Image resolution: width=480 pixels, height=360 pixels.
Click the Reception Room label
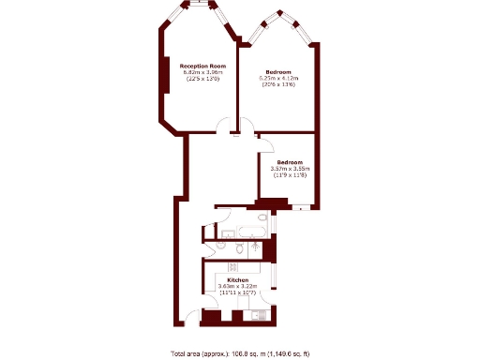pyautogui.click(x=202, y=67)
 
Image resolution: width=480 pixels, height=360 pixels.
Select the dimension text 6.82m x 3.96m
pyautogui.click(x=202, y=73)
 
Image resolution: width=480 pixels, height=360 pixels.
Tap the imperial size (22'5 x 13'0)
pyautogui.click(x=202, y=80)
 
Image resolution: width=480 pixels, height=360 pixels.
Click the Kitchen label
pyautogui.click(x=237, y=280)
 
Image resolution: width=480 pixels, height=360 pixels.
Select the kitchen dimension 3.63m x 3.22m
pyautogui.click(x=237, y=287)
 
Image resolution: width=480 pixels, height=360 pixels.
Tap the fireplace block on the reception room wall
pyautogui.click(x=165, y=81)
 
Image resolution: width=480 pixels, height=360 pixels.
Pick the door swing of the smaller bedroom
pyautogui.click(x=265, y=144)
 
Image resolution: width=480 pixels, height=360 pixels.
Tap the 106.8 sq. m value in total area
pyautogui.click(x=248, y=353)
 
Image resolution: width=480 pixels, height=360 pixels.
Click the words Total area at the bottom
pyautogui.click(x=186, y=353)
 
